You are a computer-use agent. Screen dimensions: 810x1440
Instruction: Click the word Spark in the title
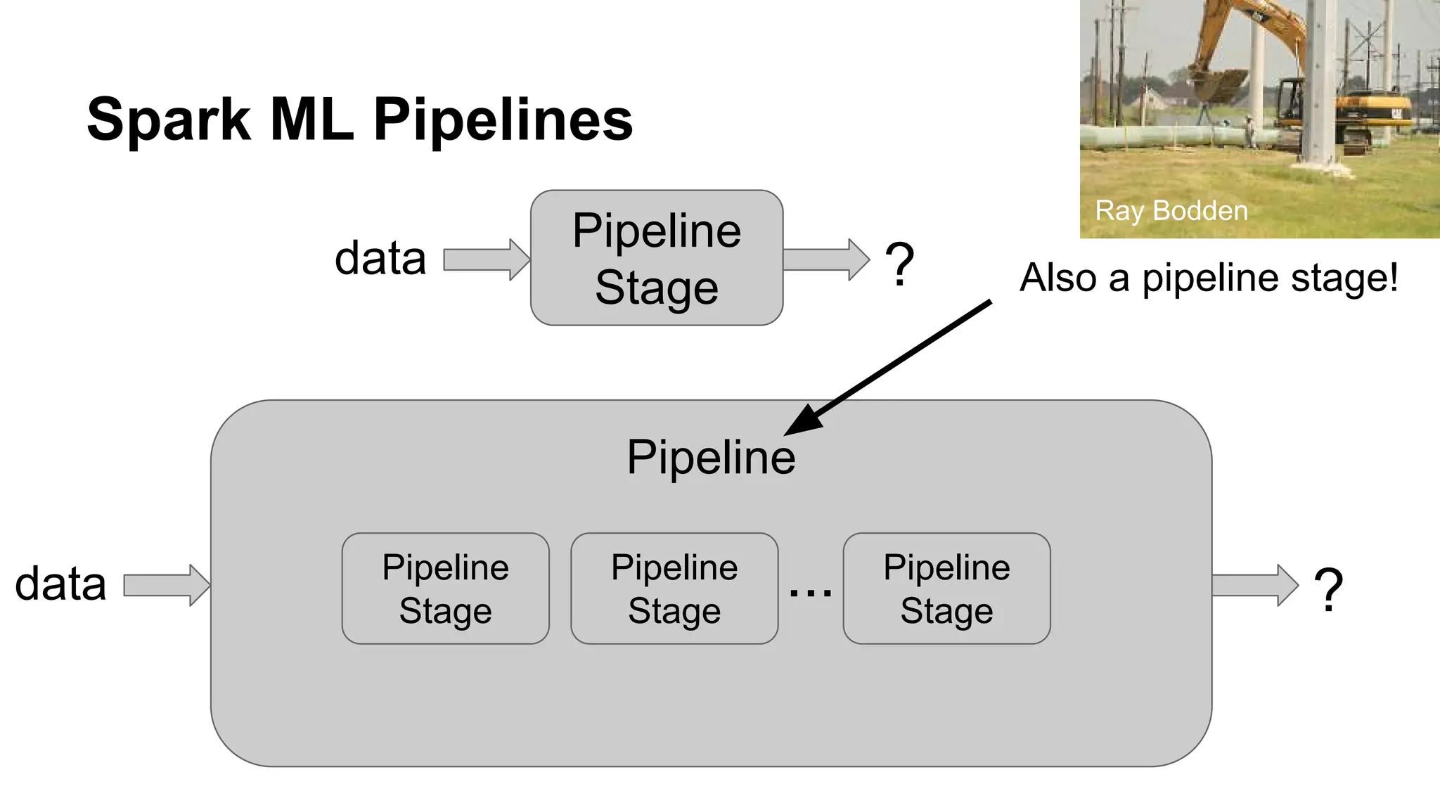coord(169,120)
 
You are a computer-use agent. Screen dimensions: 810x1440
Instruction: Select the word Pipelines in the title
coord(503,120)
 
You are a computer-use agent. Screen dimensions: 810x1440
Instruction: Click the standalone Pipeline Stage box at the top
coord(656,257)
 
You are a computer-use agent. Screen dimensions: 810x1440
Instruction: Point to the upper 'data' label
coord(380,258)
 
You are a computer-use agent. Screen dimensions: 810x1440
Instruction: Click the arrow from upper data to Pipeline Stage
coord(485,259)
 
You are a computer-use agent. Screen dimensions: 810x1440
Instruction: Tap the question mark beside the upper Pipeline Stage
coord(899,264)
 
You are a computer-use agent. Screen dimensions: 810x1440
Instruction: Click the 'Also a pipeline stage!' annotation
coord(1209,277)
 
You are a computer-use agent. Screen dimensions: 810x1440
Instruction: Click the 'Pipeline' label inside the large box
coord(711,458)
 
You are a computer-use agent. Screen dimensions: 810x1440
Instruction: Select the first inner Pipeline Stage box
coord(445,589)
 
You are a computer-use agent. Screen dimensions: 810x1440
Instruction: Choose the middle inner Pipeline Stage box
coord(674,589)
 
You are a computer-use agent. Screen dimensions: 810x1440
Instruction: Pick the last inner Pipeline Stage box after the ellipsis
coord(946,589)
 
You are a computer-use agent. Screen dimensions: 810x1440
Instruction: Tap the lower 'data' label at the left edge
coord(60,584)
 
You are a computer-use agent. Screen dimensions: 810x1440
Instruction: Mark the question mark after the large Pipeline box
coord(1328,590)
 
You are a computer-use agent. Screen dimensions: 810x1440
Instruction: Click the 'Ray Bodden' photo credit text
coord(1171,211)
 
